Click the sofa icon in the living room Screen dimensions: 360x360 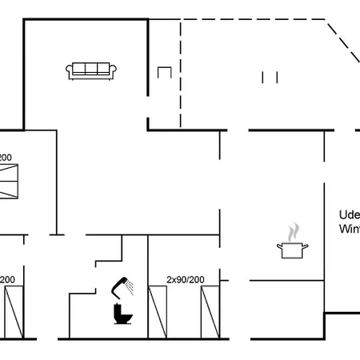pyautogui.click(x=91, y=70)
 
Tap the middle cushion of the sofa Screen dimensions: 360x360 pyautogui.click(x=91, y=69)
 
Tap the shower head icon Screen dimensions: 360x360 pyautogui.click(x=122, y=284)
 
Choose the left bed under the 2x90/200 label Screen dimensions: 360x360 pyautogui.click(x=158, y=312)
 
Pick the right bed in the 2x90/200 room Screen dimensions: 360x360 pyautogui.click(x=210, y=312)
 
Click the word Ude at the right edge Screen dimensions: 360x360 pyautogui.click(x=349, y=215)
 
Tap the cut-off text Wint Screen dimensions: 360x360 pyautogui.click(x=350, y=229)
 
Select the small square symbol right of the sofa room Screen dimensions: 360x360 pyautogui.click(x=165, y=72)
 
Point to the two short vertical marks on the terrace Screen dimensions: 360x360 pyautogui.click(x=270, y=77)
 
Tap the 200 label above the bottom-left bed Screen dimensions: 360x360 pyautogui.click(x=7, y=279)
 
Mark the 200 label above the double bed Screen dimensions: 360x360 pyautogui.click(x=6, y=158)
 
